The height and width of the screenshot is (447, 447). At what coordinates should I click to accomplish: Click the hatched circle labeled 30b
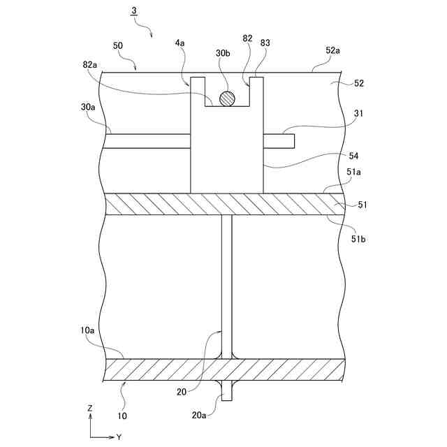[226, 98]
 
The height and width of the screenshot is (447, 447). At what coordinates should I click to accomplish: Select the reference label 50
[117, 45]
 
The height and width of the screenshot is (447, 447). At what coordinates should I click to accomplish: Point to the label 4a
[179, 43]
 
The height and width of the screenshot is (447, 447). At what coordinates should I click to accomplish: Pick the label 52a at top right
[333, 50]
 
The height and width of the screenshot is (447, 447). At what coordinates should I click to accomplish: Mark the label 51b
[359, 239]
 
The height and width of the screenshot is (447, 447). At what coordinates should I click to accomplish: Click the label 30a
[88, 108]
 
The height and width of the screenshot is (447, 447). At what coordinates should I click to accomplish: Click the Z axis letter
[90, 407]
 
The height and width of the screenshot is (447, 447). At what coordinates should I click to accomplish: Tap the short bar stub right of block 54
[279, 140]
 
